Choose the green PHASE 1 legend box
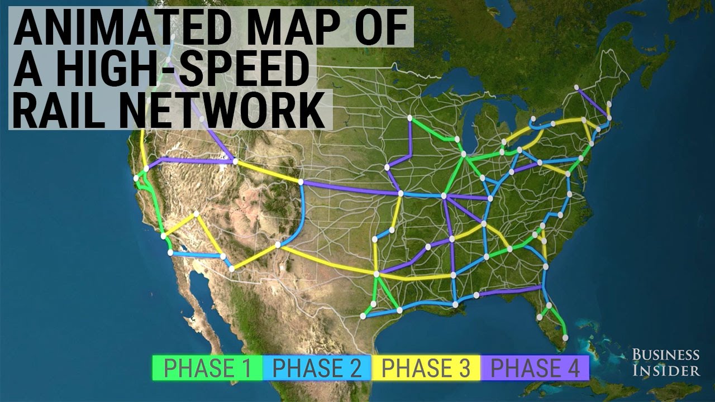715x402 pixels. [x=207, y=368]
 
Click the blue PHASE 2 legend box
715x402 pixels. [x=316, y=368]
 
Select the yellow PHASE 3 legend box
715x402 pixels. [x=425, y=368]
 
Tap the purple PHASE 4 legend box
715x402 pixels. [x=533, y=368]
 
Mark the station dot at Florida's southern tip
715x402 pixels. [x=565, y=338]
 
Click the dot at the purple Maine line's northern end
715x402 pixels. [x=577, y=88]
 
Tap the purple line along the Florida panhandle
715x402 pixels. [x=508, y=291]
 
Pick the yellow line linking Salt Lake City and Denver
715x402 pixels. [x=268, y=171]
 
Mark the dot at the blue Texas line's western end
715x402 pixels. [x=363, y=316]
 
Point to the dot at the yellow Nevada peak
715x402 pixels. [x=196, y=214]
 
